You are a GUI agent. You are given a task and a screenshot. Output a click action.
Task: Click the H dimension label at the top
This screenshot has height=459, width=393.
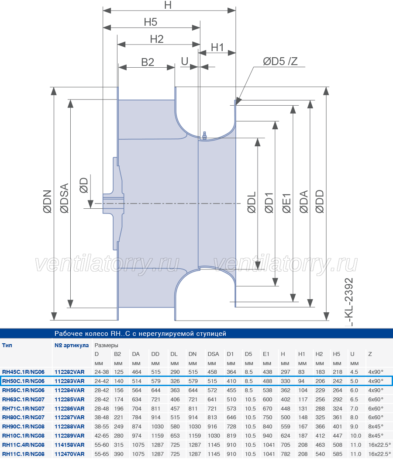(168, 5)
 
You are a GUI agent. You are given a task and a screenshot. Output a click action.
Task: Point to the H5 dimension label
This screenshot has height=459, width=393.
(150, 22)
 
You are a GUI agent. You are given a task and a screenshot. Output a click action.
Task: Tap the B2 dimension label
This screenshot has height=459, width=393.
(148, 62)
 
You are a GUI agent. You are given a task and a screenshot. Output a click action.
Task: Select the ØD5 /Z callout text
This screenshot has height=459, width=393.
(280, 61)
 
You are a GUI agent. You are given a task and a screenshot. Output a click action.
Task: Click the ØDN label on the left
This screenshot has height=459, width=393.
(48, 201)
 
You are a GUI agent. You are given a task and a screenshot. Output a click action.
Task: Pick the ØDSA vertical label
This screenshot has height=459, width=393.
(64, 198)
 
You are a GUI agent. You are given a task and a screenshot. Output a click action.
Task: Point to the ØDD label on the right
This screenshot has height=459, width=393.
(320, 201)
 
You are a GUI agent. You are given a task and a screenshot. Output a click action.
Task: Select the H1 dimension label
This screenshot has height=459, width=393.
(217, 47)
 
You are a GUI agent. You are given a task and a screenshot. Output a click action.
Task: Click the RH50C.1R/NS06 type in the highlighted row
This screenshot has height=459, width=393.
(24, 381)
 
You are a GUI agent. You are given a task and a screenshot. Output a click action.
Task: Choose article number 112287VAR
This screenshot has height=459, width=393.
(69, 418)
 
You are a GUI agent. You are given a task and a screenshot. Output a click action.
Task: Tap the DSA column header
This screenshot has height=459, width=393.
(214, 354)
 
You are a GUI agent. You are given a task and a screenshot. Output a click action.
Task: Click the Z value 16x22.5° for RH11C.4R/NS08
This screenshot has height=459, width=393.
(379, 445)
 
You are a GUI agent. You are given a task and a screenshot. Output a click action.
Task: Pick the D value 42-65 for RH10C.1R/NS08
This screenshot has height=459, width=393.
(102, 435)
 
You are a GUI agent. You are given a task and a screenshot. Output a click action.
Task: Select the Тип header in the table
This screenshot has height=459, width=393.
(7, 345)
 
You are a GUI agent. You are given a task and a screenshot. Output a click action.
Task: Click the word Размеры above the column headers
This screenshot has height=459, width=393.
(106, 345)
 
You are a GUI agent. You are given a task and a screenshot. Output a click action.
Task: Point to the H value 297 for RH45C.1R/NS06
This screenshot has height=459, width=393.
(285, 372)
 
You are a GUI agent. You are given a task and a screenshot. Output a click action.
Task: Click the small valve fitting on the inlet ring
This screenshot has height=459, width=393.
(204, 135)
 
